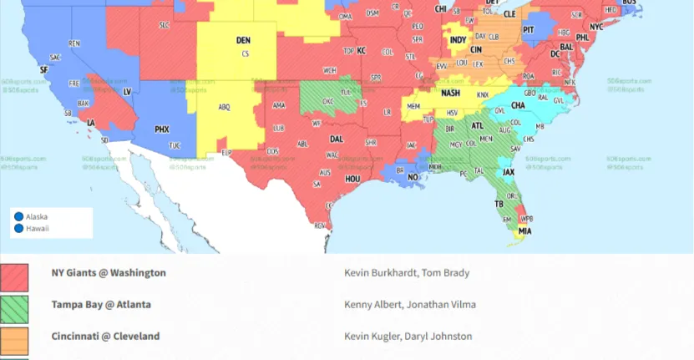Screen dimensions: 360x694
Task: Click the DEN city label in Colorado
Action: click(x=243, y=40)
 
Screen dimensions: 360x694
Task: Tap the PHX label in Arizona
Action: click(x=162, y=129)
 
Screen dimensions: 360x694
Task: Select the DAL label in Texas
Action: click(x=337, y=139)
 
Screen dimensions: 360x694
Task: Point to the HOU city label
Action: click(x=352, y=179)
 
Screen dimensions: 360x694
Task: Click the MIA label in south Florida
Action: click(x=524, y=231)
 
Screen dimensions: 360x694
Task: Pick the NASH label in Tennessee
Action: click(x=450, y=93)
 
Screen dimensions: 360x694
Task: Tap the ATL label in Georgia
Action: click(x=478, y=126)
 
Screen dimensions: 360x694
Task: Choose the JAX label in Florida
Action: click(x=508, y=172)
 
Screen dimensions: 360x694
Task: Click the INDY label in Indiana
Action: click(x=458, y=39)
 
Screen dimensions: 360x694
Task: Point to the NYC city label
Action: click(x=595, y=26)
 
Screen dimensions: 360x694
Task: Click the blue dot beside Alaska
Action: click(x=18, y=217)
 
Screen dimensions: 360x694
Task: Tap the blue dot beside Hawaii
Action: click(x=18, y=228)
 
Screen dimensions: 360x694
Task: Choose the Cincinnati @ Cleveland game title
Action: click(x=105, y=337)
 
